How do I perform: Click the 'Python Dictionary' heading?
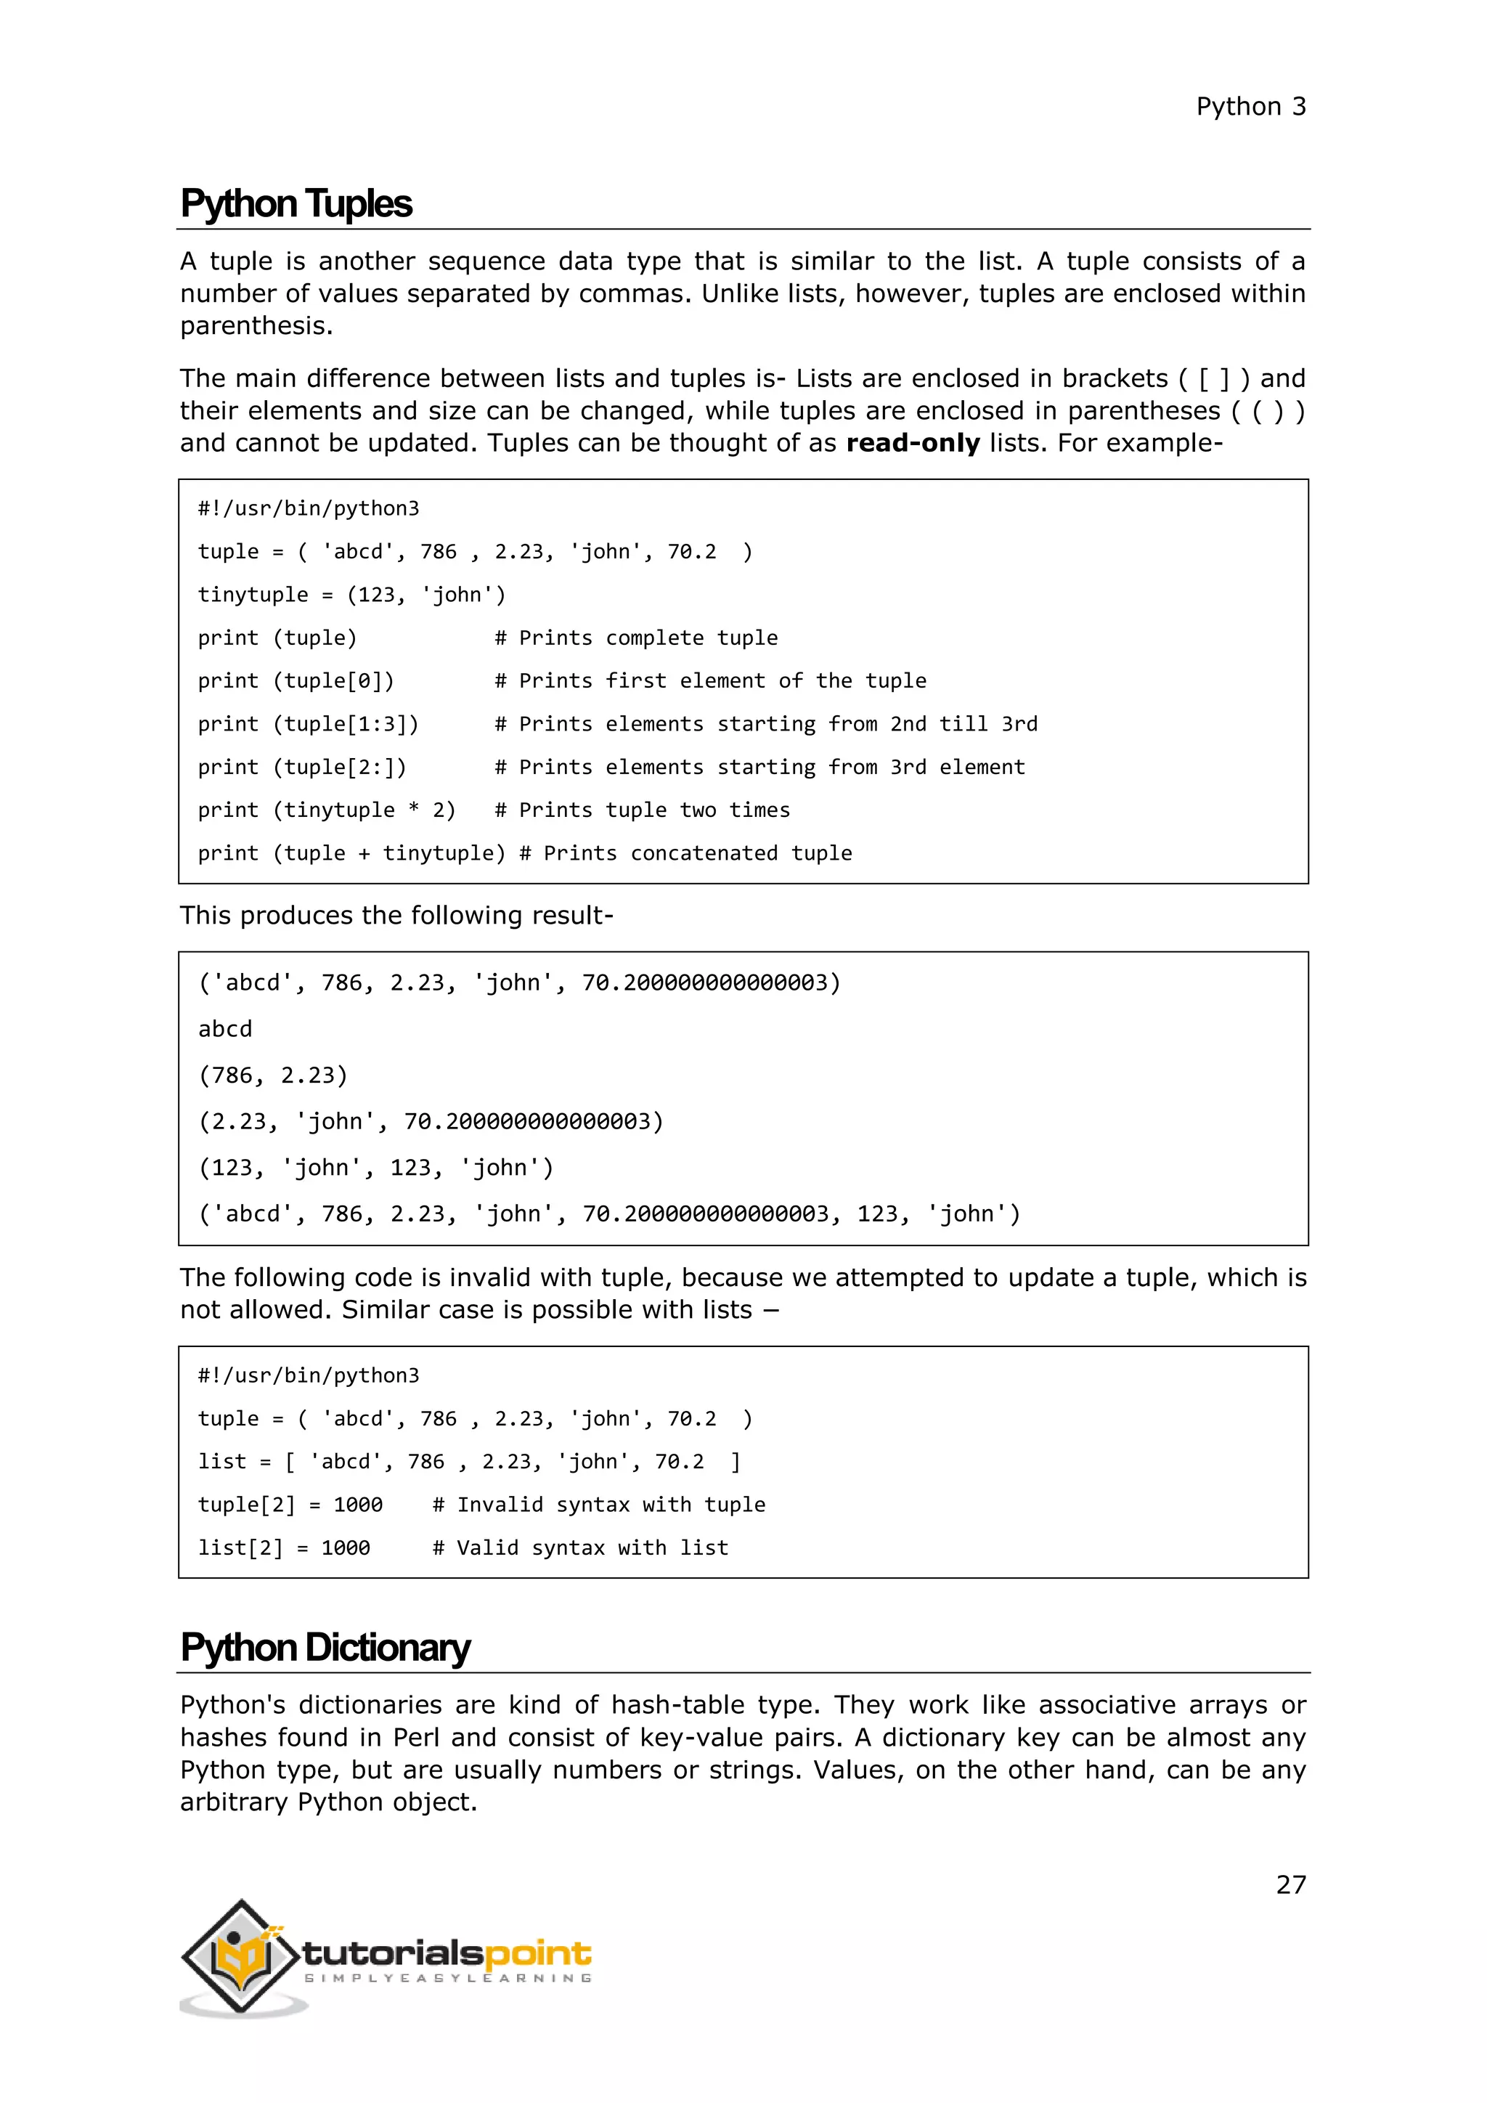pos(325,1647)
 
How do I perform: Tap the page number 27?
pos(1290,1884)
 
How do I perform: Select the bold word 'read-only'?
pos(913,443)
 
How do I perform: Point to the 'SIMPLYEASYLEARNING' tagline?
pos(448,1978)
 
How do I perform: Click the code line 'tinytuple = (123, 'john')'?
pos(351,595)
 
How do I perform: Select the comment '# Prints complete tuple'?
pos(636,638)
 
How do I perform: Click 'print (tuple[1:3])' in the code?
pos(309,723)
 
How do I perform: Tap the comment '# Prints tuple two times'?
pos(642,810)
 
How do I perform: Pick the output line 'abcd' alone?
pos(225,1028)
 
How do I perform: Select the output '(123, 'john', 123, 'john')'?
pos(376,1167)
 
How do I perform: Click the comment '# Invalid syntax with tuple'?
pos(599,1504)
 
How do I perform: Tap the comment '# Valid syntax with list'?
pos(581,1547)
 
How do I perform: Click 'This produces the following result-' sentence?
pos(396,915)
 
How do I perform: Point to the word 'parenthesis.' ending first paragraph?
pos(256,326)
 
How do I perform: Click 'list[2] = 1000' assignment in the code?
pos(284,1547)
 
